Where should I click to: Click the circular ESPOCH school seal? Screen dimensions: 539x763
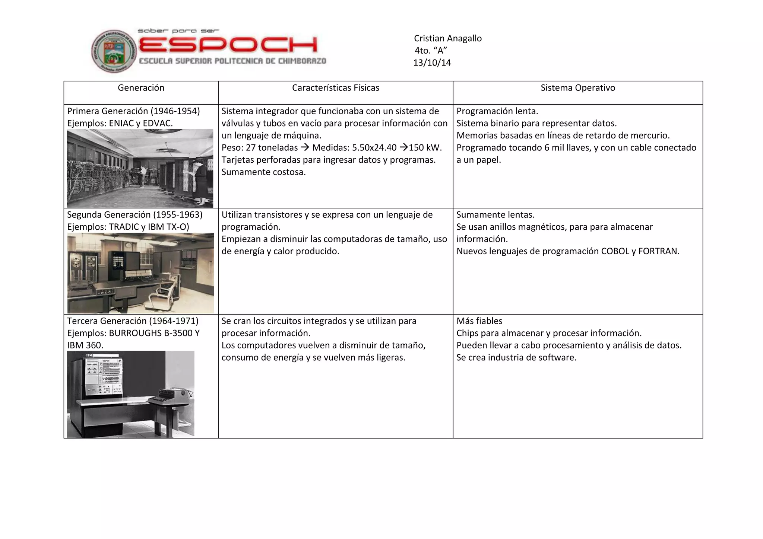114,51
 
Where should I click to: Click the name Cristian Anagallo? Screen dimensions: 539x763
447,38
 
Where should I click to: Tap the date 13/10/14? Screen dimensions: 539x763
432,63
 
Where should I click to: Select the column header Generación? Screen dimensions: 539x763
141,88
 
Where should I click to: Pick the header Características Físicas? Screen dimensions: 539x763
335,88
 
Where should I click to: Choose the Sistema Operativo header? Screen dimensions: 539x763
577,88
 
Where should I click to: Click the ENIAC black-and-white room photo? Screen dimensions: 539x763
140,168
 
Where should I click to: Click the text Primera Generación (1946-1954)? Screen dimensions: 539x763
133,111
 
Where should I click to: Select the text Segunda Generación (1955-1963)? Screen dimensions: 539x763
134,215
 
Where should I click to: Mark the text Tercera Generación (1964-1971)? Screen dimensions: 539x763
133,321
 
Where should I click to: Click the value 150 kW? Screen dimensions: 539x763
425,148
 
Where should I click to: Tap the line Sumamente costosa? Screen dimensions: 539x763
263,172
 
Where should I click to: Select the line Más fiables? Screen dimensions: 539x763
479,321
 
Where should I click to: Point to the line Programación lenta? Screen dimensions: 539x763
497,111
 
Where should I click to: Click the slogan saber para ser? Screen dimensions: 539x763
178,31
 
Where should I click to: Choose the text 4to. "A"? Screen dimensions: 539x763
431,51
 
